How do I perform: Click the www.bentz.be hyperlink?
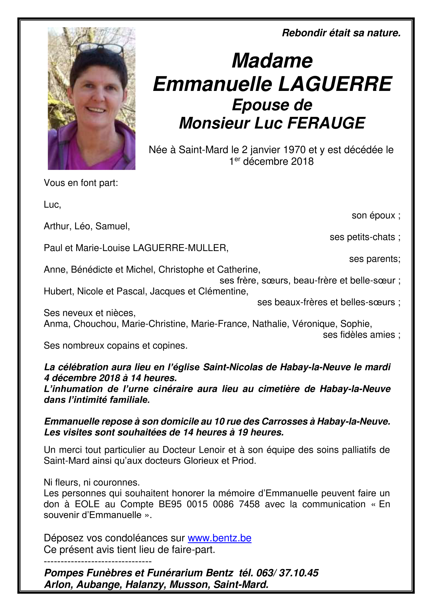tap(219, 538)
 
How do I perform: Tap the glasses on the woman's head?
tap(101, 48)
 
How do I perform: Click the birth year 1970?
tap(294, 150)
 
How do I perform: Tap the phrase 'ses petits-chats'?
tap(362, 237)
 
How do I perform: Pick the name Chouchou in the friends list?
tap(95, 324)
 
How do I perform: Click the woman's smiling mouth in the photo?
tap(96, 110)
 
